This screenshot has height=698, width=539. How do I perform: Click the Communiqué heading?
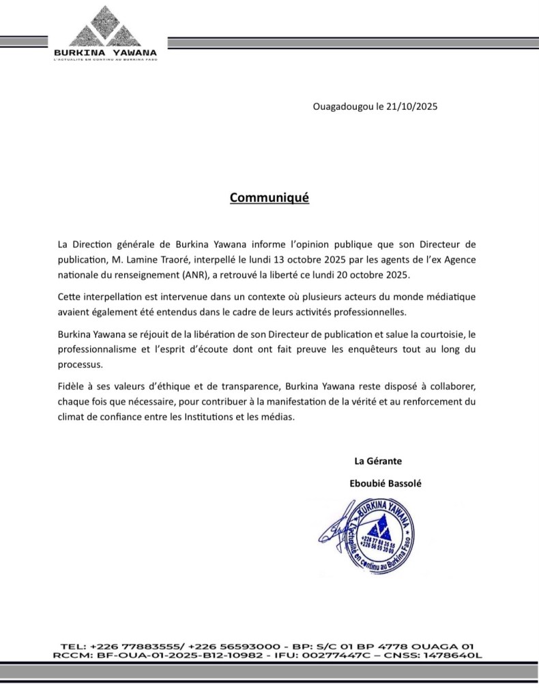[x=269, y=198]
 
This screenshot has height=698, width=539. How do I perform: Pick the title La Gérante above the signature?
[x=377, y=460]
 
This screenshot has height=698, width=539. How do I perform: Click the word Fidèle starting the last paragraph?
[x=73, y=386]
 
